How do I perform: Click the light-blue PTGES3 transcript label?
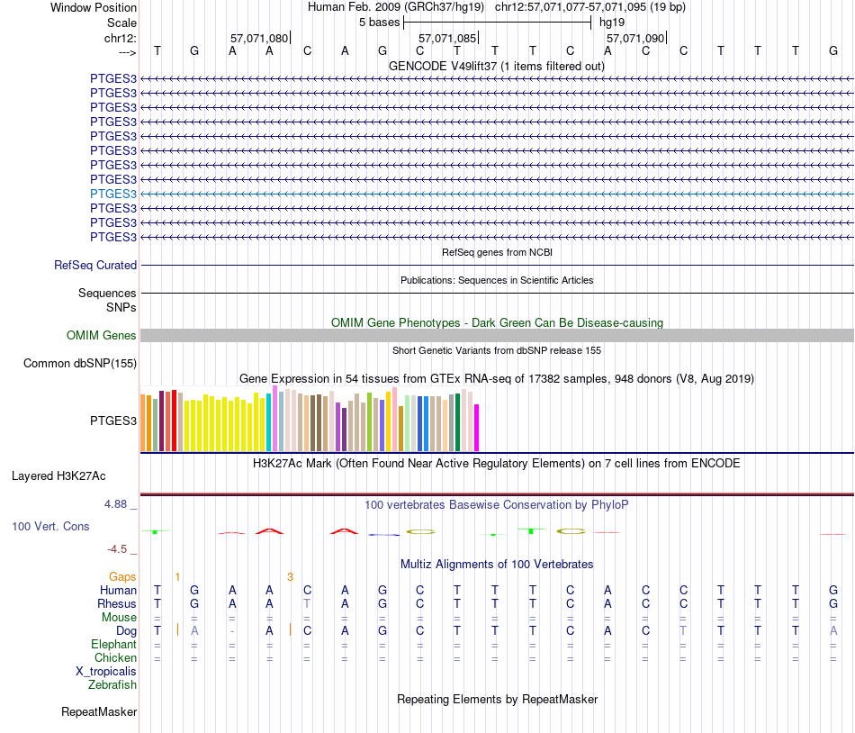tap(113, 194)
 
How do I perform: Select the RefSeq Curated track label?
tap(95, 266)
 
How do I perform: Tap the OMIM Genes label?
tap(102, 336)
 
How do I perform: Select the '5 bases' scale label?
tap(379, 22)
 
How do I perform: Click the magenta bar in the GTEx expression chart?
tap(477, 428)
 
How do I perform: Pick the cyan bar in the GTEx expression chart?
tap(269, 421)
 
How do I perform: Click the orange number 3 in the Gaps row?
tap(290, 576)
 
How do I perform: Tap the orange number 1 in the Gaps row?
tap(177, 576)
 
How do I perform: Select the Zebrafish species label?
tap(112, 685)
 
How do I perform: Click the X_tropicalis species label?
tap(106, 672)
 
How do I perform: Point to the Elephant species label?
tap(113, 645)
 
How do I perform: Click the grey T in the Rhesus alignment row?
tap(307, 603)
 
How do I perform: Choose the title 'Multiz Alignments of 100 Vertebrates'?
tap(497, 565)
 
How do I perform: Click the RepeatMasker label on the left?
tap(99, 712)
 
